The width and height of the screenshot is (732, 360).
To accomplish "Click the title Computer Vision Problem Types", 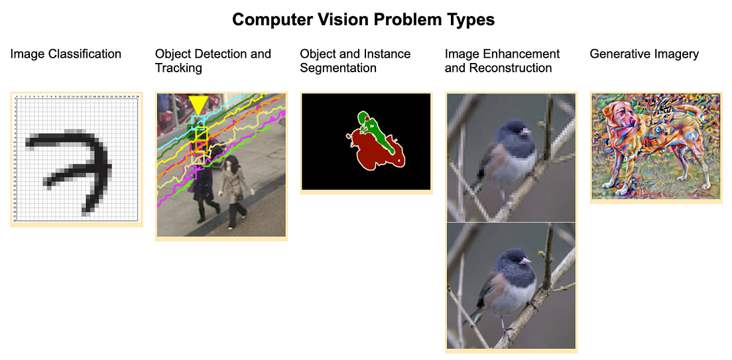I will pyautogui.click(x=363, y=20).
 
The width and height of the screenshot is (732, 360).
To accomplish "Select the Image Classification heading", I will pyautogui.click(x=66, y=54).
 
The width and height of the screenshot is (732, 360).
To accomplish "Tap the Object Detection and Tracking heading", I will pyautogui.click(x=213, y=61).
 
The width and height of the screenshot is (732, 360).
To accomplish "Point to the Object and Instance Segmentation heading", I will pyautogui.click(x=355, y=61).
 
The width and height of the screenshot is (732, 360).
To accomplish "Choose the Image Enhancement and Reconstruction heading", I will pyautogui.click(x=502, y=61).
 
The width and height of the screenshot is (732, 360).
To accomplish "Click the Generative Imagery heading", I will pyautogui.click(x=644, y=54).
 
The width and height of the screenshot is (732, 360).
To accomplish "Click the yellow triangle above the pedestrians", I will pyautogui.click(x=198, y=105).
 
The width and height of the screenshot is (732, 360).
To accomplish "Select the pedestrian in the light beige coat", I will pyautogui.click(x=234, y=190).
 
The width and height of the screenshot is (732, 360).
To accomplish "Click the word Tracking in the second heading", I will pyautogui.click(x=179, y=68).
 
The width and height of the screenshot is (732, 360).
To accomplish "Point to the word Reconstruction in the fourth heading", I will pyautogui.click(x=499, y=68).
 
